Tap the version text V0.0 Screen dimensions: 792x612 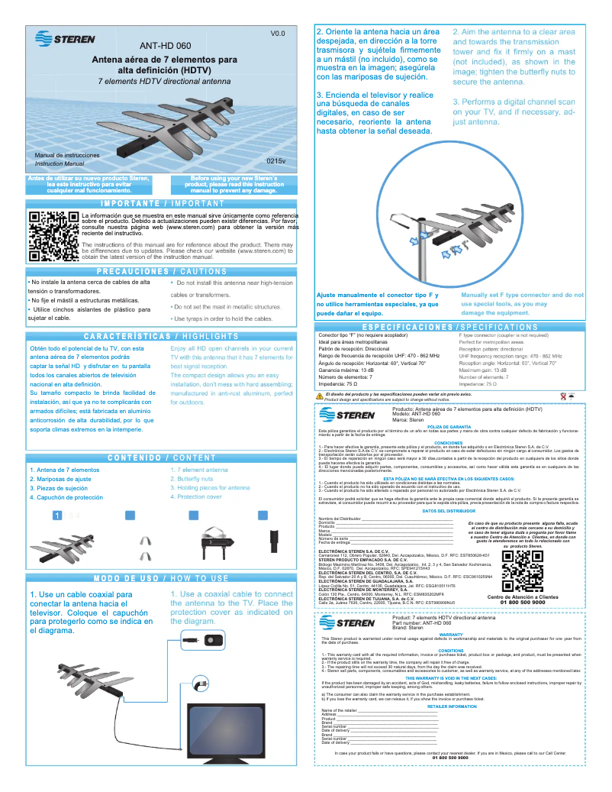click(277, 34)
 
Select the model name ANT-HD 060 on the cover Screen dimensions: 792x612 click(165, 46)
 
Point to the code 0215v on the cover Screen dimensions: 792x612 click(275, 162)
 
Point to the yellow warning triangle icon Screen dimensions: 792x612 click(320, 396)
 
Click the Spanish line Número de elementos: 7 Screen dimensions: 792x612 click(356, 377)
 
